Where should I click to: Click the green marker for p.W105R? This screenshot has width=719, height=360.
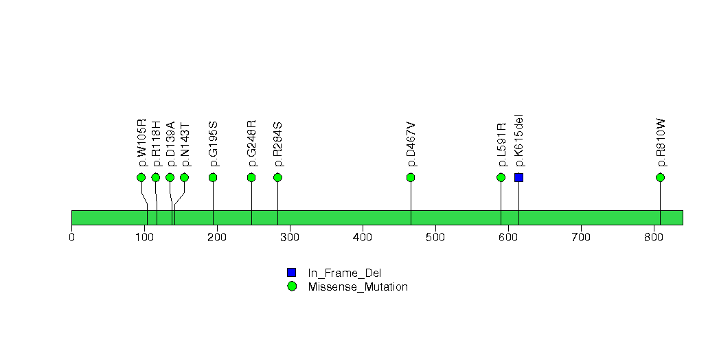click(141, 177)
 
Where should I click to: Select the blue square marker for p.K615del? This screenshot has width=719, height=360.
click(518, 177)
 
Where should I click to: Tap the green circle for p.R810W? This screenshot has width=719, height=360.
click(661, 177)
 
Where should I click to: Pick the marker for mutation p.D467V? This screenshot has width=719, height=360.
click(411, 177)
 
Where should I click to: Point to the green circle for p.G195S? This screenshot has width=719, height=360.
click(213, 177)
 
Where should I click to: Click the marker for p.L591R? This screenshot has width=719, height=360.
click(501, 177)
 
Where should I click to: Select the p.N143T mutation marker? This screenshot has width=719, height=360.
click(184, 177)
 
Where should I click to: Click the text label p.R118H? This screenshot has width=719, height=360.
click(157, 143)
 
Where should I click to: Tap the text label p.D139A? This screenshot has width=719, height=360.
click(170, 144)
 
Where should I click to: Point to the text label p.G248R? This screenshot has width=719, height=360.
click(252, 143)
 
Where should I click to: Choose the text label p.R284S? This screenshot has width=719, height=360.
click(278, 144)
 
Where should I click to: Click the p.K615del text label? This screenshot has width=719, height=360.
click(519, 140)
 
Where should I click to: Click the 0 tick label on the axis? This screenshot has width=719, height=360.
click(72, 237)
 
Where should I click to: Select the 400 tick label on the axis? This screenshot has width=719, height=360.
click(363, 237)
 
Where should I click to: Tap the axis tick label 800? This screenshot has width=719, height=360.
click(654, 237)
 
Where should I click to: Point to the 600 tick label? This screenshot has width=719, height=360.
click(508, 237)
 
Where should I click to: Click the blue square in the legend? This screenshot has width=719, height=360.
click(292, 273)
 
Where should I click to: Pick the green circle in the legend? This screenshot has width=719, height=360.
click(292, 286)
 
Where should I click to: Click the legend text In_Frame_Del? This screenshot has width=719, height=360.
click(345, 273)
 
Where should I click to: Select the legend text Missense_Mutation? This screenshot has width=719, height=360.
click(358, 287)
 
